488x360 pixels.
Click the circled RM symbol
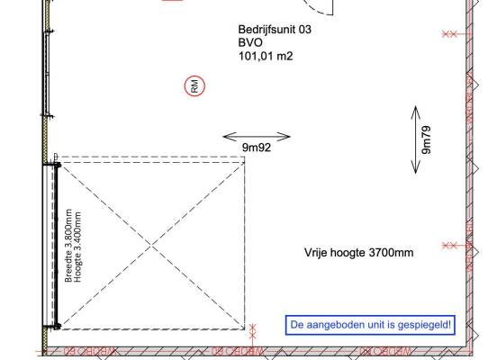coord(194,85)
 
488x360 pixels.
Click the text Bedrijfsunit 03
coord(275,30)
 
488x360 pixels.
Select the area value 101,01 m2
coord(266,56)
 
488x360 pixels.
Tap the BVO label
coord(250,42)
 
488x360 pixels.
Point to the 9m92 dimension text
coord(257,148)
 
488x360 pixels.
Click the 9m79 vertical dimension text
coord(426,139)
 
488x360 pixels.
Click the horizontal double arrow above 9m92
coord(257,137)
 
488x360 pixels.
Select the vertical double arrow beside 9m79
coord(416,139)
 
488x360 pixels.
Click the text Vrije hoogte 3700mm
coord(359,252)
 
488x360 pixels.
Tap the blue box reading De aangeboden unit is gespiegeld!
coord(370,325)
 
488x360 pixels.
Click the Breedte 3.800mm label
coord(68,246)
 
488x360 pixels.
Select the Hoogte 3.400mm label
coord(77,247)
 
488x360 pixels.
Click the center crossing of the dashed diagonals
coord(151,246)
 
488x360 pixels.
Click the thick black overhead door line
coord(57,245)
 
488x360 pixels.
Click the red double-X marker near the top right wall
coord(449,34)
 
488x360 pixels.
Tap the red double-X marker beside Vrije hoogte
coord(449,246)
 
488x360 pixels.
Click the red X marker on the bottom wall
coord(253,331)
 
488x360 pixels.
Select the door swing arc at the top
coord(317,9)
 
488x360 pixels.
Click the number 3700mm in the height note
coord(391,252)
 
